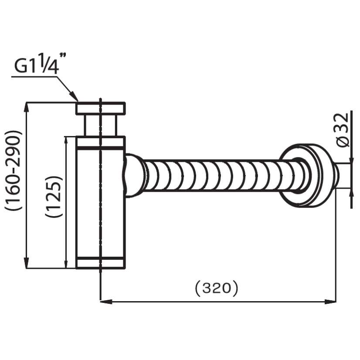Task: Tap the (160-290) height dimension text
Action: (x=14, y=170)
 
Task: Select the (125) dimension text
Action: (x=54, y=197)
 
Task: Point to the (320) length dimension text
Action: (x=216, y=288)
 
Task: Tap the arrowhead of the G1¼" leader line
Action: (x=74, y=96)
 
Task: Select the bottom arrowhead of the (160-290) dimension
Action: (x=27, y=262)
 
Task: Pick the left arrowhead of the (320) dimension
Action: (x=106, y=302)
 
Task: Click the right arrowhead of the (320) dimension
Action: (x=330, y=302)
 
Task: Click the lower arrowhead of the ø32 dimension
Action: (x=351, y=194)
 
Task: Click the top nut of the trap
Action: (x=101, y=108)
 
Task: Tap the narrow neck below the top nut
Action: (x=101, y=125)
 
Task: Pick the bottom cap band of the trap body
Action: (x=101, y=263)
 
